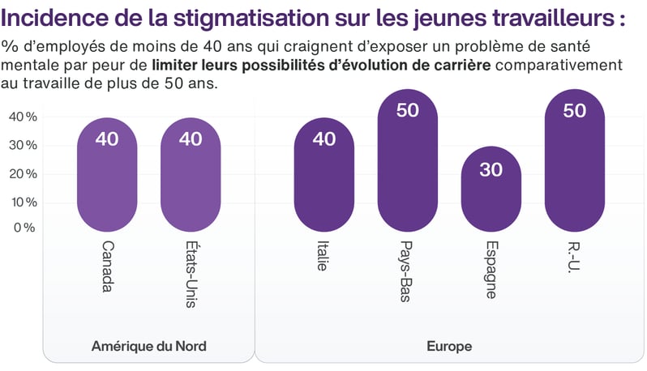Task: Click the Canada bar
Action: point(106,174)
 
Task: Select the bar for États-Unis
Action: point(191,174)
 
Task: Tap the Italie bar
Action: point(323,174)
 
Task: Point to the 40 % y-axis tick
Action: point(23,117)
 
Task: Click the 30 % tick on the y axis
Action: point(23,145)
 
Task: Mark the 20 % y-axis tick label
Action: point(23,173)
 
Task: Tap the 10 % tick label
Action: point(23,201)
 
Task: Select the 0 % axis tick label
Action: point(24,228)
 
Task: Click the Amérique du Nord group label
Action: point(149,347)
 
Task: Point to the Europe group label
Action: point(449,347)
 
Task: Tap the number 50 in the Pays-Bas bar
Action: point(407,110)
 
